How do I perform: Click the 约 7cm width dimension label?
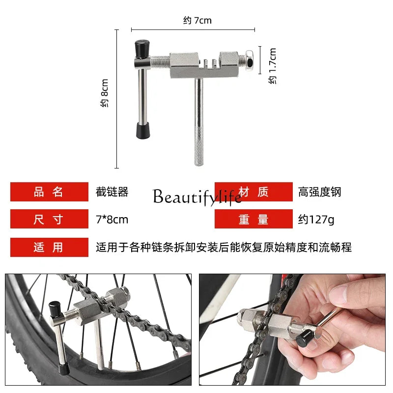(197, 20)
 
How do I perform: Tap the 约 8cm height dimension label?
(104, 93)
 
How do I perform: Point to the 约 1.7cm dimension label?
(272, 66)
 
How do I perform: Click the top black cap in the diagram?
(142, 49)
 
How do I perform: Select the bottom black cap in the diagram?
(143, 130)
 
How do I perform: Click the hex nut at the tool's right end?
(249, 60)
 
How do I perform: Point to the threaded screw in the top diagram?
(161, 63)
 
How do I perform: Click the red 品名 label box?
(50, 192)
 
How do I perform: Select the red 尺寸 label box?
(50, 219)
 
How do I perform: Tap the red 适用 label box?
(50, 247)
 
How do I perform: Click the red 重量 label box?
(253, 219)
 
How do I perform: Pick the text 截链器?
(112, 192)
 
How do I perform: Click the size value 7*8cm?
(112, 220)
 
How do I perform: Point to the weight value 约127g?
(316, 220)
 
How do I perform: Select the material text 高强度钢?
(320, 192)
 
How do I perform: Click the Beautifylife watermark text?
(197, 197)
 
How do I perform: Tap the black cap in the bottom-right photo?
(304, 337)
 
